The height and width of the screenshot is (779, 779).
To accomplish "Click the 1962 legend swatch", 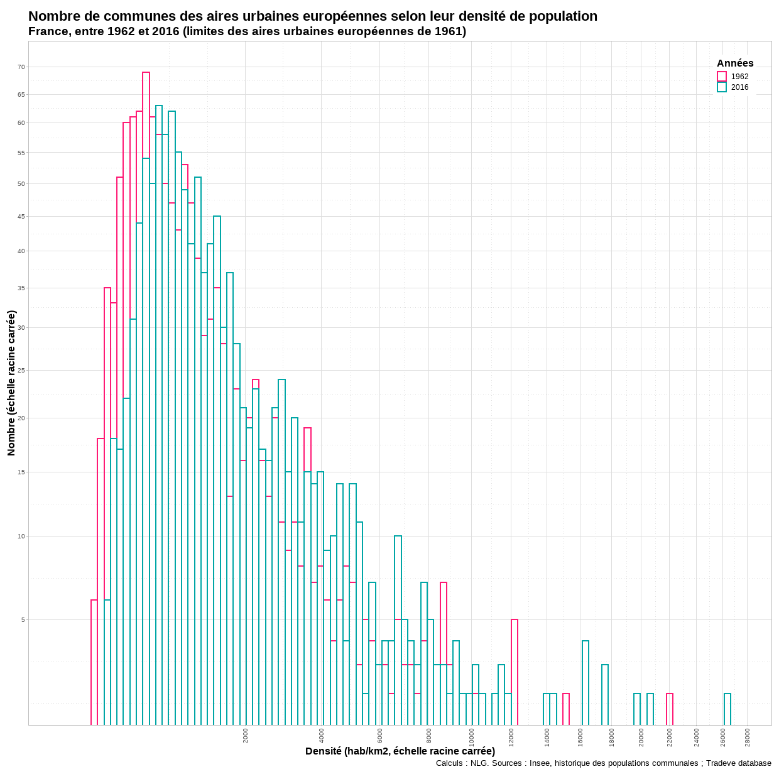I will tap(722, 77).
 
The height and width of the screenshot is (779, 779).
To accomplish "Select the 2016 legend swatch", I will tap(722, 87).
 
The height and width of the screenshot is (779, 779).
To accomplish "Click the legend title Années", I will tap(735, 63).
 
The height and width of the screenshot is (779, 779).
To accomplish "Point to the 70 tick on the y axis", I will tap(21, 67).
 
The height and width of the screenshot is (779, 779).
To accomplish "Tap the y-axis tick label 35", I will tap(21, 288).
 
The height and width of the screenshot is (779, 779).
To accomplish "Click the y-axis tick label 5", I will tap(23, 620).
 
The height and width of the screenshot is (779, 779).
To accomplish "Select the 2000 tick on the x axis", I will tap(246, 736).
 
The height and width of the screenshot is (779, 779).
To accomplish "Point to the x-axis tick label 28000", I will tap(748, 737).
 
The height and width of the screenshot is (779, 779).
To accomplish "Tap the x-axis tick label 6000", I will tap(380, 736).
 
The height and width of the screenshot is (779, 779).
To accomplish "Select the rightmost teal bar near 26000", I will tap(727, 709).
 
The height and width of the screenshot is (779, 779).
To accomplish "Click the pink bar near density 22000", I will tap(670, 709).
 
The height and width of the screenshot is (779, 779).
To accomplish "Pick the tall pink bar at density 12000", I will tap(515, 672).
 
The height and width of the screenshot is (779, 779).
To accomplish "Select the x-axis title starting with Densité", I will tap(400, 751).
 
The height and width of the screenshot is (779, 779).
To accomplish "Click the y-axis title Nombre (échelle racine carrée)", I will tap(11, 383).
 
